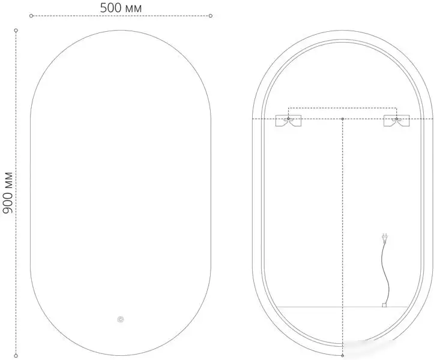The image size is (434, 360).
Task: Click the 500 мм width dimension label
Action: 121,8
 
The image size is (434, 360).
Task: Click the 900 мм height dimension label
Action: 8,193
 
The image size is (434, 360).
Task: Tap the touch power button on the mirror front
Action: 121,320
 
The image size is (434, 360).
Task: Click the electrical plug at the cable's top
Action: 384,238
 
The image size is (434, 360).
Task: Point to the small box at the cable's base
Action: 384,305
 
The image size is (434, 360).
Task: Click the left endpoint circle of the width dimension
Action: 31,16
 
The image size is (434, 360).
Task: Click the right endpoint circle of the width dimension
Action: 211,16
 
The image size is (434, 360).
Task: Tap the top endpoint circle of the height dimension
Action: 16,30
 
